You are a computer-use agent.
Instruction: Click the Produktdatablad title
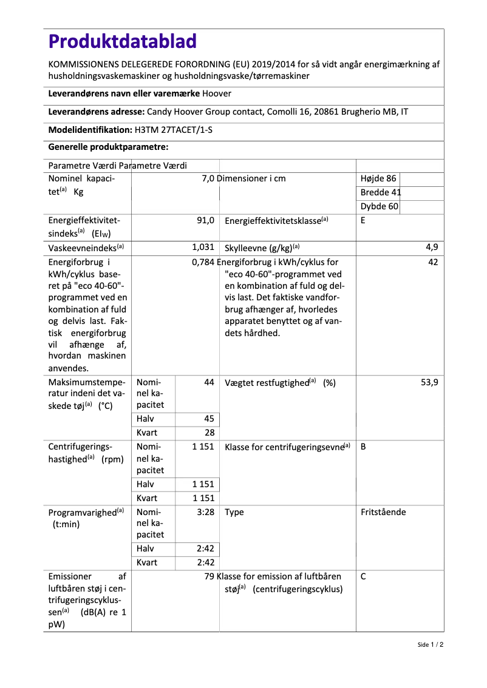[x=123, y=41]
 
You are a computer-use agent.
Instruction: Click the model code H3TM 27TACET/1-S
[x=172, y=130]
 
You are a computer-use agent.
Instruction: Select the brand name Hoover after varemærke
[x=217, y=93]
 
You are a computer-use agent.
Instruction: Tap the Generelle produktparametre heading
[x=108, y=147]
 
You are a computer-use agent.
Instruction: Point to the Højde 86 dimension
[x=378, y=178]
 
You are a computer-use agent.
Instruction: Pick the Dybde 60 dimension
[x=380, y=206]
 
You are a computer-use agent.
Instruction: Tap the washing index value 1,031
[x=203, y=247]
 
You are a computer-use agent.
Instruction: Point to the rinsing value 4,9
[x=432, y=247]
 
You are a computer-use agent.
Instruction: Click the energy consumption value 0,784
[x=203, y=263]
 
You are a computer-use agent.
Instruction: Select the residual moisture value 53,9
[x=429, y=383]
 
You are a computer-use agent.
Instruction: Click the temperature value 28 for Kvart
[x=209, y=433]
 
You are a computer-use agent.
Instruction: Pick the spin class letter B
[x=363, y=447]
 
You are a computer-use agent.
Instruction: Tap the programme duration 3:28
[x=205, y=512]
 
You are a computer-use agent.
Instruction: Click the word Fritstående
[x=383, y=512]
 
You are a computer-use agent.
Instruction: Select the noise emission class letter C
[x=363, y=576]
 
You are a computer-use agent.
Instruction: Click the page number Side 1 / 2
[x=431, y=644]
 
